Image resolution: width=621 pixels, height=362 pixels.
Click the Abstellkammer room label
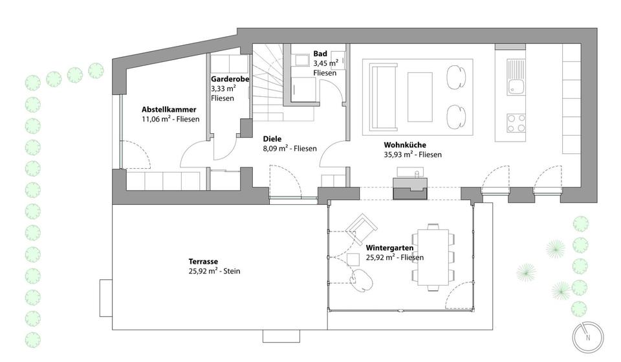[x=168, y=109]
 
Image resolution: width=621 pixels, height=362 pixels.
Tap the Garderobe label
[x=230, y=79]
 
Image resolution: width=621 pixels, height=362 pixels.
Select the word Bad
[x=320, y=54]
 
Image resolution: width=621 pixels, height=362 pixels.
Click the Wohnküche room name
[x=405, y=145]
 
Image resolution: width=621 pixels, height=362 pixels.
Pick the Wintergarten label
[x=389, y=248]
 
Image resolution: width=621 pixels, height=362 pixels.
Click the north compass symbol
[x=587, y=336]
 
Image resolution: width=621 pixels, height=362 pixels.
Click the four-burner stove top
[x=516, y=123]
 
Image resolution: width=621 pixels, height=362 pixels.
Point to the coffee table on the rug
[x=420, y=95]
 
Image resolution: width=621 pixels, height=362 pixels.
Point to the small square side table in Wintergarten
[x=353, y=259]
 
